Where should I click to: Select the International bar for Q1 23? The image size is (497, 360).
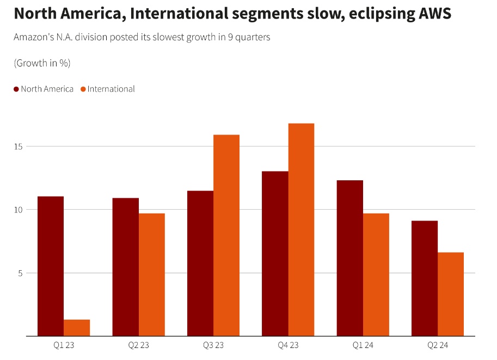click(x=77, y=327)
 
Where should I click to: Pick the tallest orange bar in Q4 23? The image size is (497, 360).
click(x=301, y=229)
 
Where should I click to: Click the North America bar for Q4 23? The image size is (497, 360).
click(x=275, y=253)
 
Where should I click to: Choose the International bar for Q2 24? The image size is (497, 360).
click(x=451, y=294)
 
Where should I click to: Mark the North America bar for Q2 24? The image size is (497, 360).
click(x=425, y=278)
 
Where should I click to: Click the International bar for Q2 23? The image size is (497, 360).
click(x=152, y=274)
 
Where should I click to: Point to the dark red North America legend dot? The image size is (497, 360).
click(x=16, y=89)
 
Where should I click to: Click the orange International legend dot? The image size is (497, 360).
click(x=83, y=89)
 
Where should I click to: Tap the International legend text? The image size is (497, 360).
click(x=111, y=89)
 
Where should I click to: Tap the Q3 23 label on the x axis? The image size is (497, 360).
click(x=213, y=345)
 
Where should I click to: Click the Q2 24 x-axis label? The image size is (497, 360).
click(x=437, y=345)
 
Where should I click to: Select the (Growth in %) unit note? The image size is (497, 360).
click(x=42, y=63)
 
